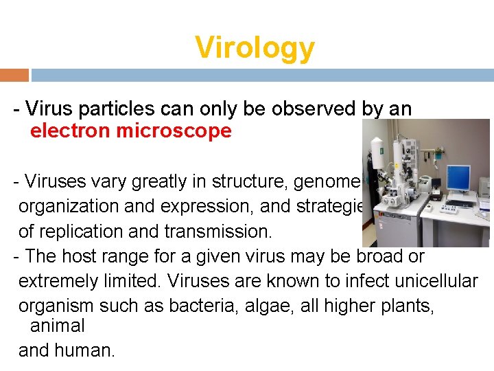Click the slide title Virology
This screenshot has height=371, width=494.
point(255,48)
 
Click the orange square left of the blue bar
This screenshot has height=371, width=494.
point(14,75)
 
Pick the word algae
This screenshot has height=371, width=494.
point(263,306)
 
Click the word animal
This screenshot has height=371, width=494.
point(57,325)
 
